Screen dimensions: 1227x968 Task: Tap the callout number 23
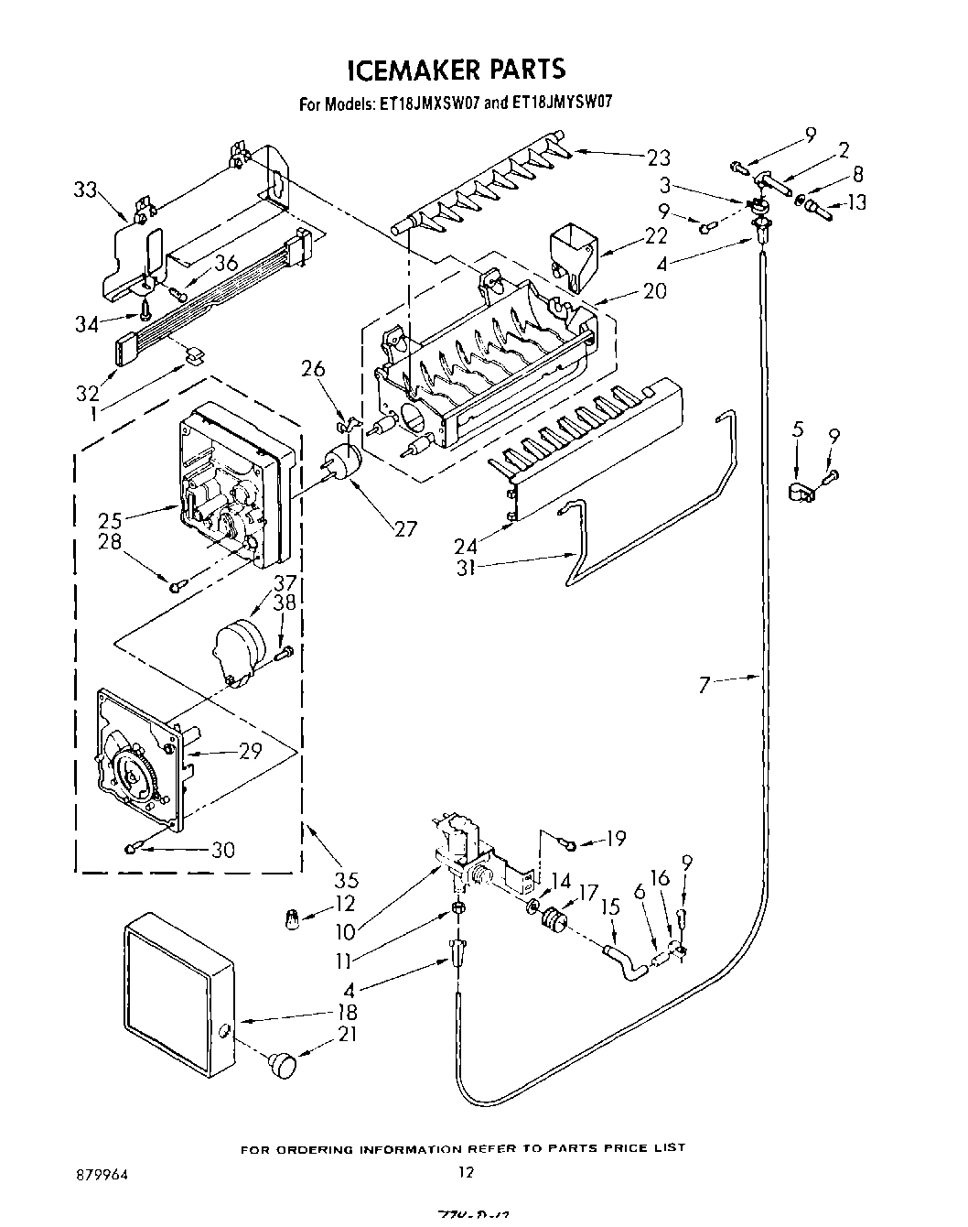(x=659, y=157)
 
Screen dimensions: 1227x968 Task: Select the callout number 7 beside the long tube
(x=704, y=685)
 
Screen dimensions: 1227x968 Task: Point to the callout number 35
(x=346, y=880)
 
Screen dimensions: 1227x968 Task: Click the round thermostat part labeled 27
(x=341, y=463)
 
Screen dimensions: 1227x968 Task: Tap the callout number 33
(x=85, y=190)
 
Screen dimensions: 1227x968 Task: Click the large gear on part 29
(x=139, y=774)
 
